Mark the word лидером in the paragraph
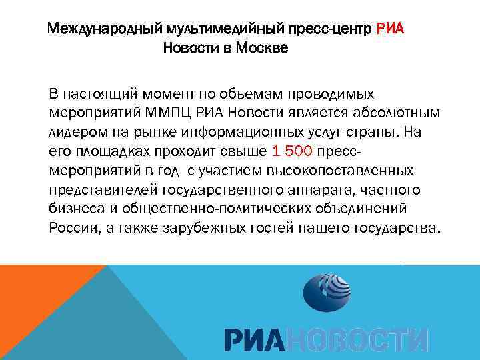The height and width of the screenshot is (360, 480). point(75,131)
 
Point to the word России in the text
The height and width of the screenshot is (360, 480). point(70,229)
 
